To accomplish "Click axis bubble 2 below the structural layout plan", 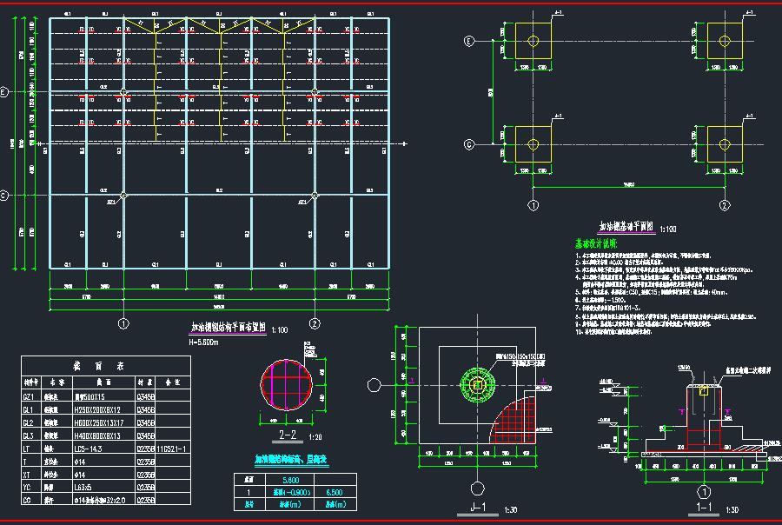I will (315, 323).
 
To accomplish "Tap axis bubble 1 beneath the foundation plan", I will (533, 205).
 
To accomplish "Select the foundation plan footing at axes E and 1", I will (533, 41).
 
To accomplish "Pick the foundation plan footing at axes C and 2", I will (725, 144).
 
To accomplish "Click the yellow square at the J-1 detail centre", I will (476, 383).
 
